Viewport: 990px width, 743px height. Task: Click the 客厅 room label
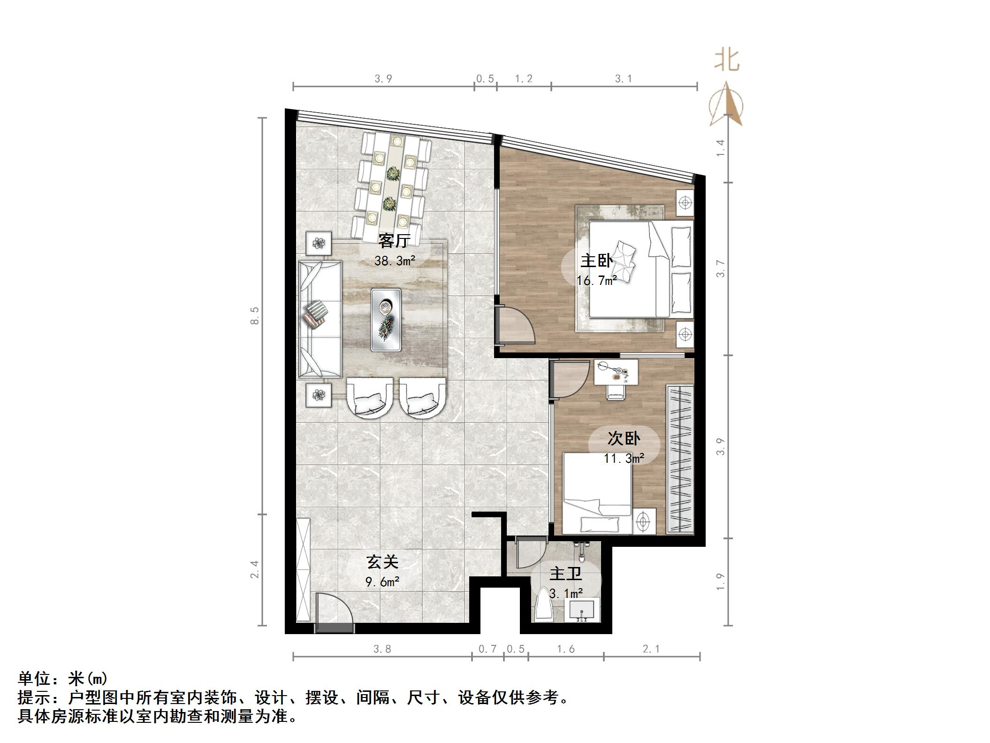click(395, 241)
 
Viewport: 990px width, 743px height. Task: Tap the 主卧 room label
click(596, 261)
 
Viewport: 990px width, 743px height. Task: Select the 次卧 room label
click(624, 438)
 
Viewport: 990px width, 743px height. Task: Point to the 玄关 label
click(382, 562)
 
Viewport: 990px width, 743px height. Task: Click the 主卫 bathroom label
click(565, 574)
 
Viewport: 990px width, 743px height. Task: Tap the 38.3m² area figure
click(395, 261)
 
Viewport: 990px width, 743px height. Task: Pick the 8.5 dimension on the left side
click(255, 315)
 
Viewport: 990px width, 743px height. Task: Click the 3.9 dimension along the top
click(383, 79)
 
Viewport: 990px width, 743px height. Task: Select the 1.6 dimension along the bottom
click(565, 649)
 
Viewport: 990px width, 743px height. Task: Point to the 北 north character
click(727, 61)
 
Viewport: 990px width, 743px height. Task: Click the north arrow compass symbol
click(726, 105)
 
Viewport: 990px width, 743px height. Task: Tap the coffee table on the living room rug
click(386, 320)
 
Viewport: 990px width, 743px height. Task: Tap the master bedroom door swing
click(515, 325)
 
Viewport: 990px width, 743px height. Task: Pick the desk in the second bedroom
click(615, 372)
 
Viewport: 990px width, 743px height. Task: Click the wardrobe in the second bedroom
click(679, 459)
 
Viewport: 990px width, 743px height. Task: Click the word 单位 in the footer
click(34, 679)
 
